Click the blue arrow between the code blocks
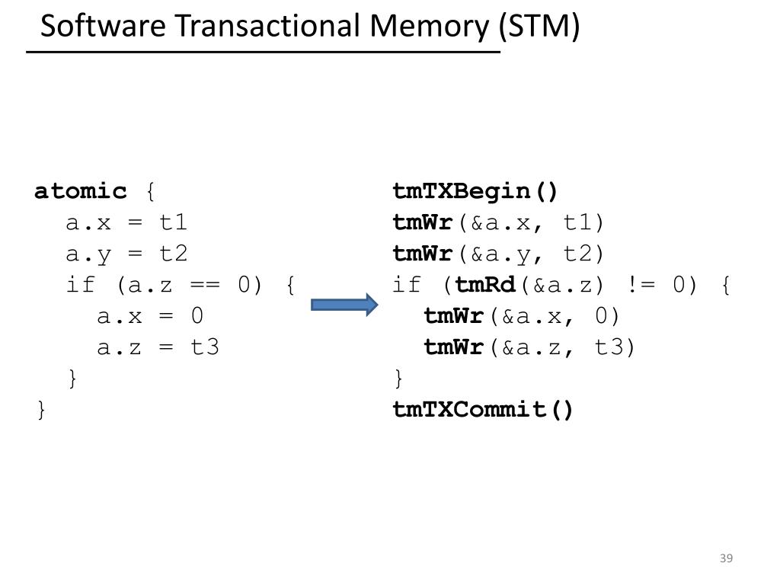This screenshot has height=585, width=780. pyautogui.click(x=344, y=305)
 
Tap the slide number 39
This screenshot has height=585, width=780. pyautogui.click(x=726, y=559)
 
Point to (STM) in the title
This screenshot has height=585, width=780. pyautogui.click(x=539, y=27)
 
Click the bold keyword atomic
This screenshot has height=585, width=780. pyautogui.click(x=81, y=191)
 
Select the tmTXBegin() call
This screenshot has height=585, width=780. pyautogui.click(x=476, y=191)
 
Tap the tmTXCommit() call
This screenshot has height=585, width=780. pyautogui.click(x=483, y=410)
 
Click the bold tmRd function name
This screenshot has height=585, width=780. pyautogui.click(x=485, y=286)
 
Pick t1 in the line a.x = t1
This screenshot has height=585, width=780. pyautogui.click(x=173, y=222)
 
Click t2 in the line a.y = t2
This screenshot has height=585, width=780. pyautogui.click(x=173, y=254)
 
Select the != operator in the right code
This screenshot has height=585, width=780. pyautogui.click(x=638, y=286)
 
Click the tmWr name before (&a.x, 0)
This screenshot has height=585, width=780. pyautogui.click(x=454, y=316)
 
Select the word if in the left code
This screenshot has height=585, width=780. pyautogui.click(x=81, y=286)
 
